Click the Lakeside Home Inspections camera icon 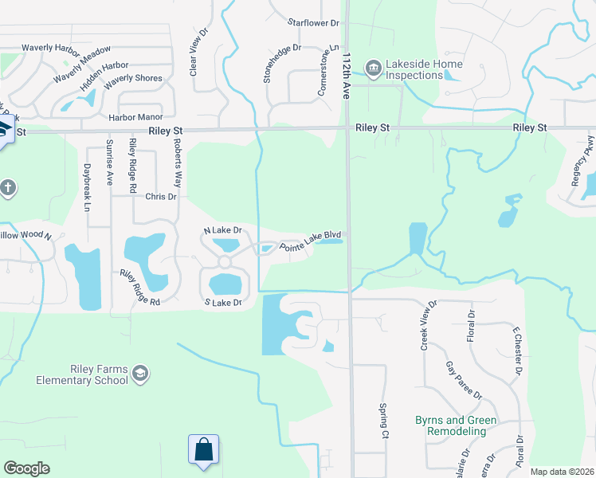pos(372,65)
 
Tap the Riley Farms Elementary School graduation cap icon pos(141,374)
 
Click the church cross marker pos(8,188)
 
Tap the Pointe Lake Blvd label pos(315,244)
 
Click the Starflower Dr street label pos(313,23)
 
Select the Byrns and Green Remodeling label pos(456,425)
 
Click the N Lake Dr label pos(222,230)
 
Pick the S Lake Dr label pos(222,303)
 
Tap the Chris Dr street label pos(160,196)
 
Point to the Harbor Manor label pos(135,117)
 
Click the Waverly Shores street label pos(133,79)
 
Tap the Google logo pos(26,468)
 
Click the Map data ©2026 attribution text pos(562,472)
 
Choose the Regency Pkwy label pos(579,167)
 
